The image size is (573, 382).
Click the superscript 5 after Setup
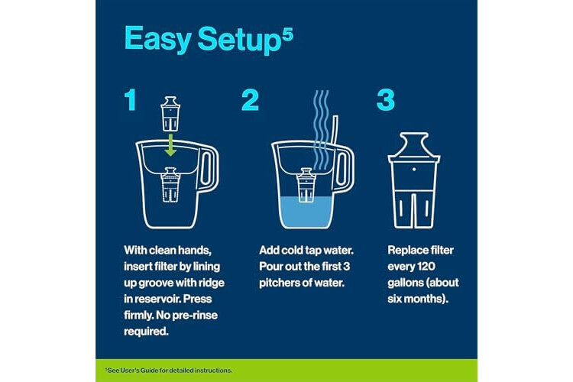pyautogui.click(x=288, y=37)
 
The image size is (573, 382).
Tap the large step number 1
pyautogui.click(x=131, y=100)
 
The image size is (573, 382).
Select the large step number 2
pyautogui.click(x=251, y=100)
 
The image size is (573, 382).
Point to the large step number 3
pyautogui.click(x=386, y=100)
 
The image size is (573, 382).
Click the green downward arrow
pyautogui.click(x=170, y=145)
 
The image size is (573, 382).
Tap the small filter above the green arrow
pyautogui.click(x=170, y=114)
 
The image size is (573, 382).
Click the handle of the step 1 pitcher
pyautogui.click(x=209, y=167)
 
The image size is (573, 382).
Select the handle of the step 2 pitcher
pyautogui.click(x=345, y=168)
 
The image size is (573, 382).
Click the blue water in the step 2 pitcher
pyautogui.click(x=306, y=213)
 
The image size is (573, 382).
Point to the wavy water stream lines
pyautogui.click(x=321, y=130)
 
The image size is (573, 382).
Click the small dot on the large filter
pyautogui.click(x=413, y=170)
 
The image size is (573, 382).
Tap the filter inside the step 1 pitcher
pyautogui.click(x=170, y=185)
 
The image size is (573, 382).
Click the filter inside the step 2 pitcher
pyautogui.click(x=306, y=185)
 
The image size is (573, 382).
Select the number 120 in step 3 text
pyautogui.click(x=425, y=267)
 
